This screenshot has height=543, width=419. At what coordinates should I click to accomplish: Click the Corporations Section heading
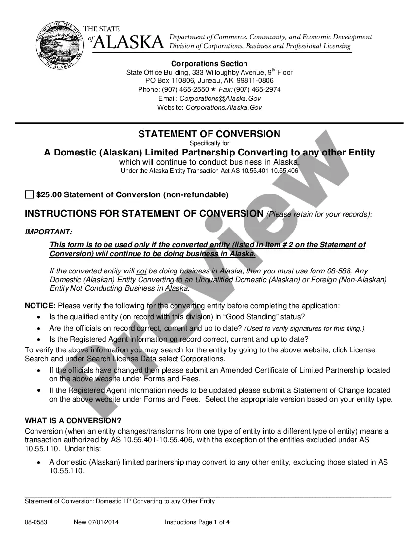209,64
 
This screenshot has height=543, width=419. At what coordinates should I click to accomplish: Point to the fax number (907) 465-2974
257,89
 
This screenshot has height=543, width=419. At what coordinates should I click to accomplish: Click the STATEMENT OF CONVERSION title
209,134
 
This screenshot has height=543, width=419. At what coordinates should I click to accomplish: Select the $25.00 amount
49,195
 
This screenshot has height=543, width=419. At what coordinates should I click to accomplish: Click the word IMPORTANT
48,232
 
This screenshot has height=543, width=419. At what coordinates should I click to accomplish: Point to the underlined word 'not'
141,271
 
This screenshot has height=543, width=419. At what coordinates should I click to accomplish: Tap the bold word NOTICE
40,306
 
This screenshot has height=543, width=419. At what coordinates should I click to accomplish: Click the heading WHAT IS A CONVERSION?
73,421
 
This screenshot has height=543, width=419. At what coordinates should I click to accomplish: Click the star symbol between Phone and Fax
213,89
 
